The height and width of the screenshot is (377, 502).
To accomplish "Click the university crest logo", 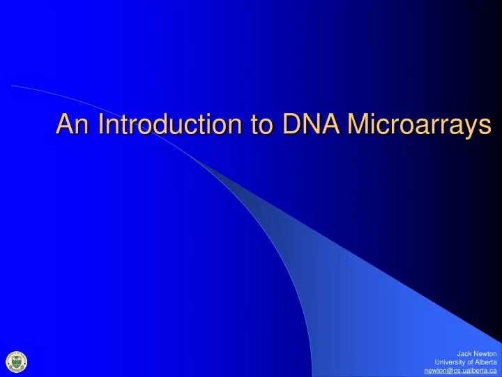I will point(15,361).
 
